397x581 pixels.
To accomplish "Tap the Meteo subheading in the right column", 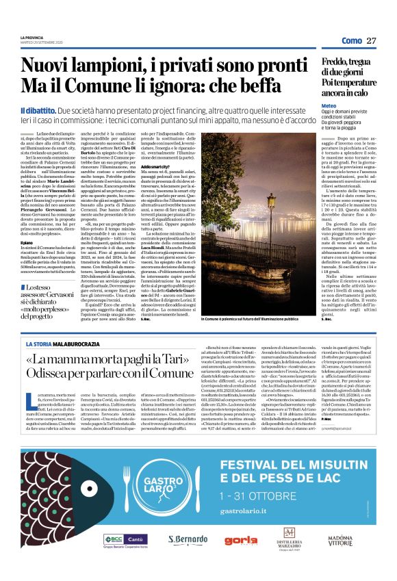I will click(x=329, y=107).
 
